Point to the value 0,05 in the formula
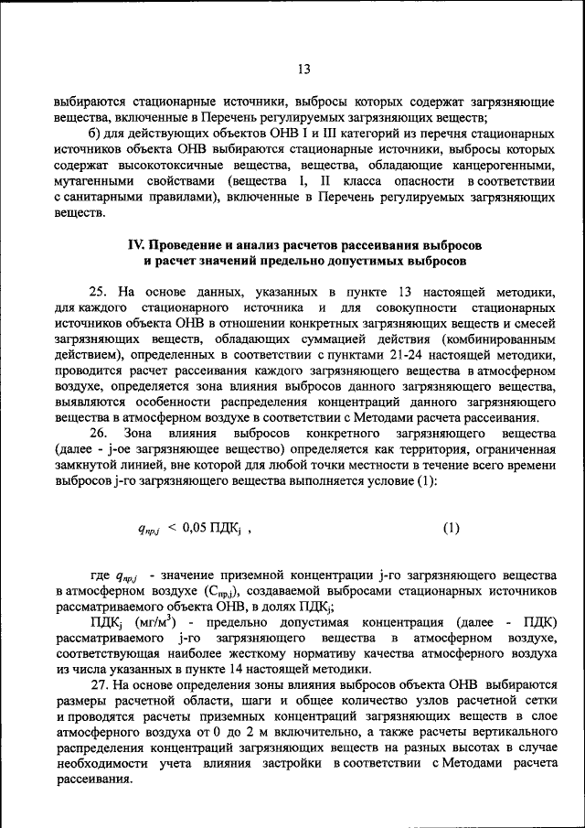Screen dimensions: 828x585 (198, 528)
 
